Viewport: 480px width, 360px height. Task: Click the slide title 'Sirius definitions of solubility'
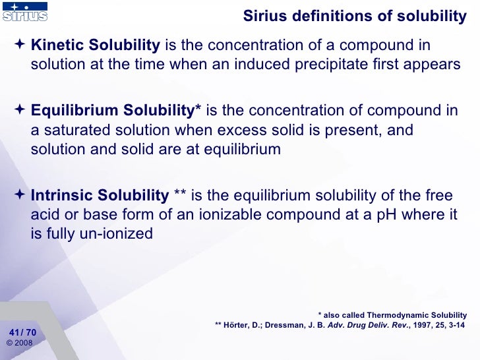tap(355, 16)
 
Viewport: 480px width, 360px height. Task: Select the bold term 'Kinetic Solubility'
tap(96, 45)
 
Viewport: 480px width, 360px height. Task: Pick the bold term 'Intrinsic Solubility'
tap(100, 195)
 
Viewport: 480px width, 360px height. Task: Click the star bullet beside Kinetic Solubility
tap(20, 45)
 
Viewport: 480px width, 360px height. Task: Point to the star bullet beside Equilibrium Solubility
tap(20, 110)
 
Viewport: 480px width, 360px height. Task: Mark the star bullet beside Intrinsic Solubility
tap(20, 195)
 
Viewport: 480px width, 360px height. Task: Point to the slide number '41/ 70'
tap(23, 332)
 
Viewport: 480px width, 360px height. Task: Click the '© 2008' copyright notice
tap(19, 343)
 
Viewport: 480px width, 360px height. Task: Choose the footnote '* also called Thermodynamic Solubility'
tap(392, 315)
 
